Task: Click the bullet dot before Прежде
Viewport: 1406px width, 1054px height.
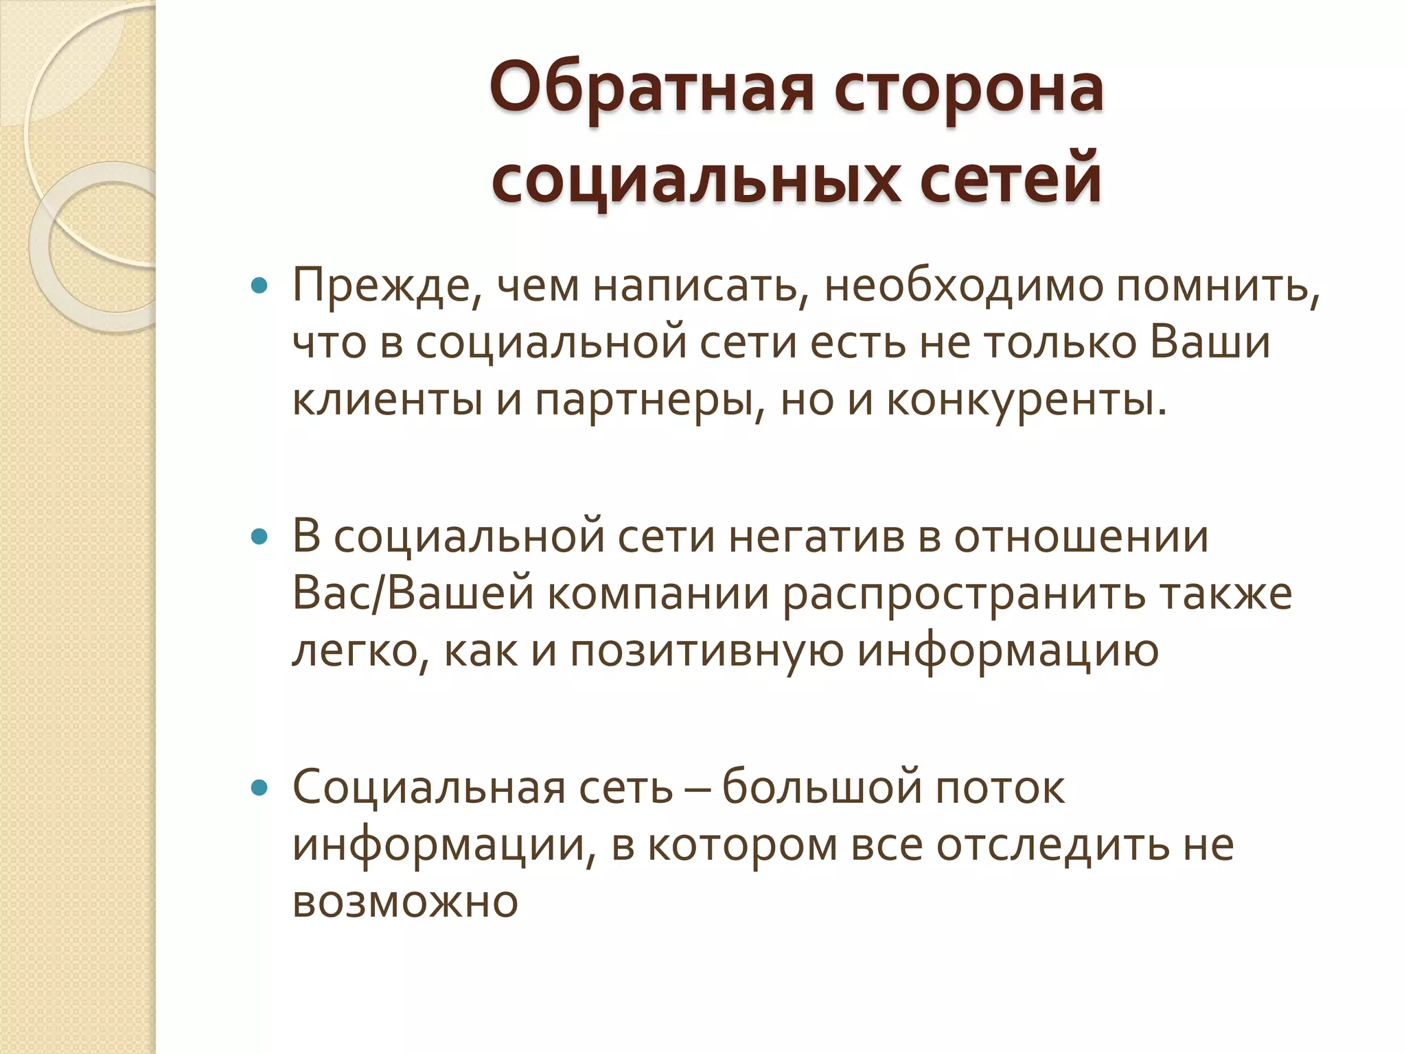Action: coord(259,285)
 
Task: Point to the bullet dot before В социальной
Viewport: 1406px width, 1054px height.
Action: coord(259,537)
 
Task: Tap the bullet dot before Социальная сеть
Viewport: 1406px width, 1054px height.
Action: coord(259,788)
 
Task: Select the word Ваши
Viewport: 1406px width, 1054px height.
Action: coord(1210,342)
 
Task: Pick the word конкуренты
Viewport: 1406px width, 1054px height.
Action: coord(1026,399)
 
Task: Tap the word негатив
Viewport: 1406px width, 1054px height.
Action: coord(816,537)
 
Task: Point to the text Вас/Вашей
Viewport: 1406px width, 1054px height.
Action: coord(413,594)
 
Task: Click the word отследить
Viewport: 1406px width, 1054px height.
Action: coord(1052,845)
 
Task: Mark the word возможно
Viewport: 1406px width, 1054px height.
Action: coord(405,902)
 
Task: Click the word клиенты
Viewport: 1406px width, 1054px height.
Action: coord(387,399)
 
